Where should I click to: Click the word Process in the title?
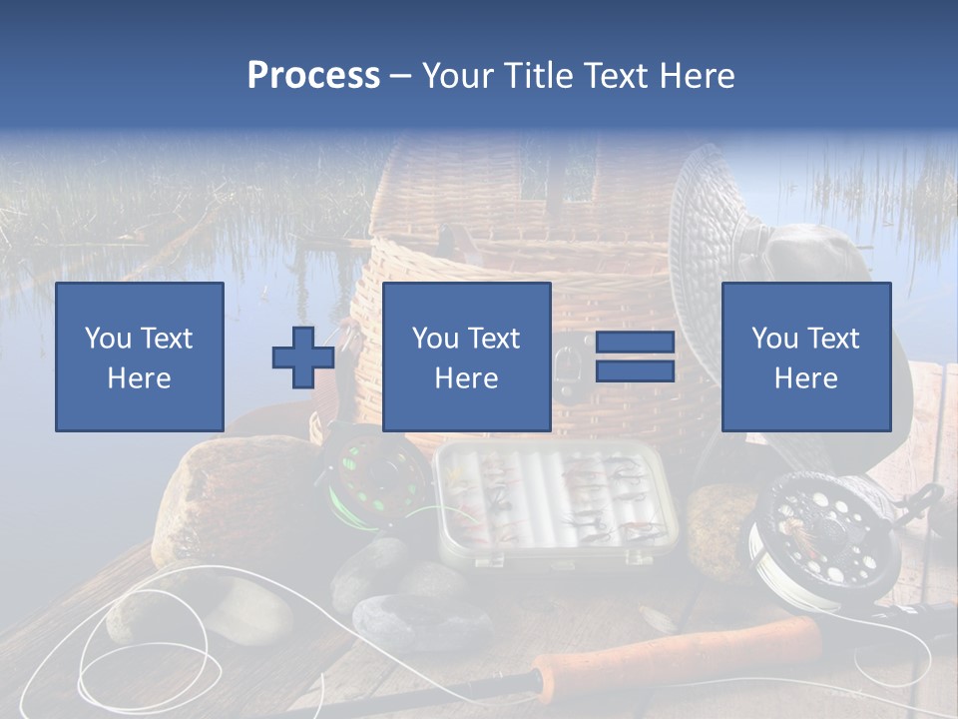click(313, 76)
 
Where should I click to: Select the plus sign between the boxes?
click(303, 357)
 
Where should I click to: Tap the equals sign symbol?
click(635, 357)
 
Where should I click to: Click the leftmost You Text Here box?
click(140, 357)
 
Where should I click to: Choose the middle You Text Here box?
click(466, 357)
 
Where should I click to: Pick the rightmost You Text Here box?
click(805, 357)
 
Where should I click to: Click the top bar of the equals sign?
click(635, 343)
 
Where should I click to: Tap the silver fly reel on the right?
click(818, 534)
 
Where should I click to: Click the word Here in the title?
click(696, 76)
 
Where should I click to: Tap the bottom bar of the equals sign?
click(635, 370)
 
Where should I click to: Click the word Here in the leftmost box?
click(140, 378)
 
